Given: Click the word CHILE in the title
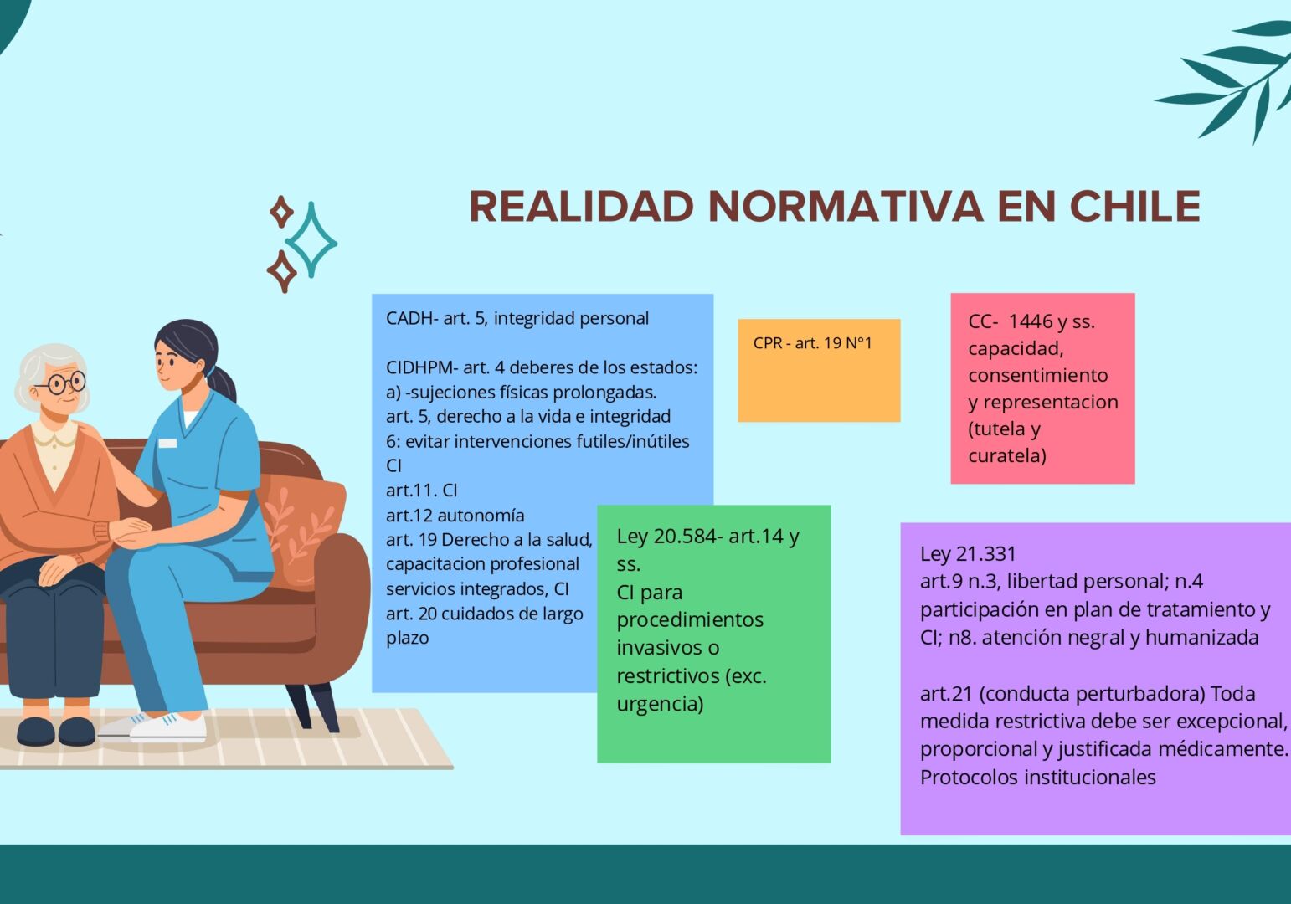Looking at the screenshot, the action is click(1134, 206).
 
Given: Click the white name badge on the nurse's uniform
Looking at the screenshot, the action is click(167, 443).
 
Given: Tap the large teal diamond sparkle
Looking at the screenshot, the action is click(311, 240).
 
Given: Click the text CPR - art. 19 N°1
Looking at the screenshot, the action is click(812, 343).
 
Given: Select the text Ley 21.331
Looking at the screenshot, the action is click(968, 553).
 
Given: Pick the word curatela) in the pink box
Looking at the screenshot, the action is click(1007, 455).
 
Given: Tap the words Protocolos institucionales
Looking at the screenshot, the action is click(1038, 778).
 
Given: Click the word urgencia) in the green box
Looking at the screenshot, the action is click(660, 705).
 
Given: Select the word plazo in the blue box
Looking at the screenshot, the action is click(408, 639).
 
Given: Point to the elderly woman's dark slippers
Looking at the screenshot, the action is click(56, 731).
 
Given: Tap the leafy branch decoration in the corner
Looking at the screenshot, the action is click(1233, 80).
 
